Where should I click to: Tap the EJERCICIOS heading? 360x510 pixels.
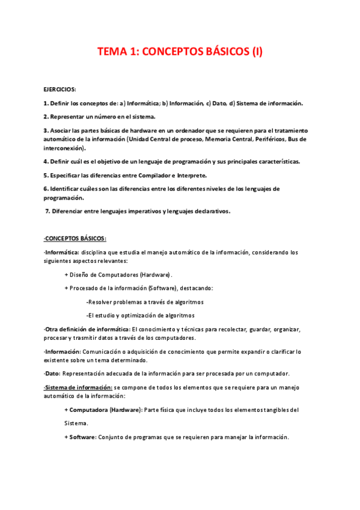pyautogui.click(x=59, y=88)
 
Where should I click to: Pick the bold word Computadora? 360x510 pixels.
pyautogui.click(x=88, y=410)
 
